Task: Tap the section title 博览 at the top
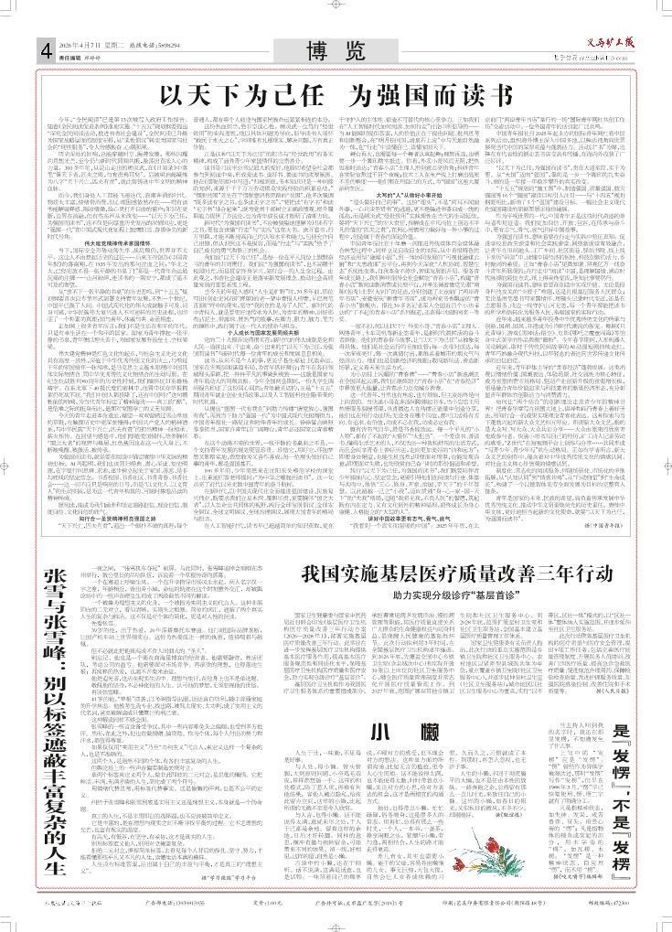[335, 48]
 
